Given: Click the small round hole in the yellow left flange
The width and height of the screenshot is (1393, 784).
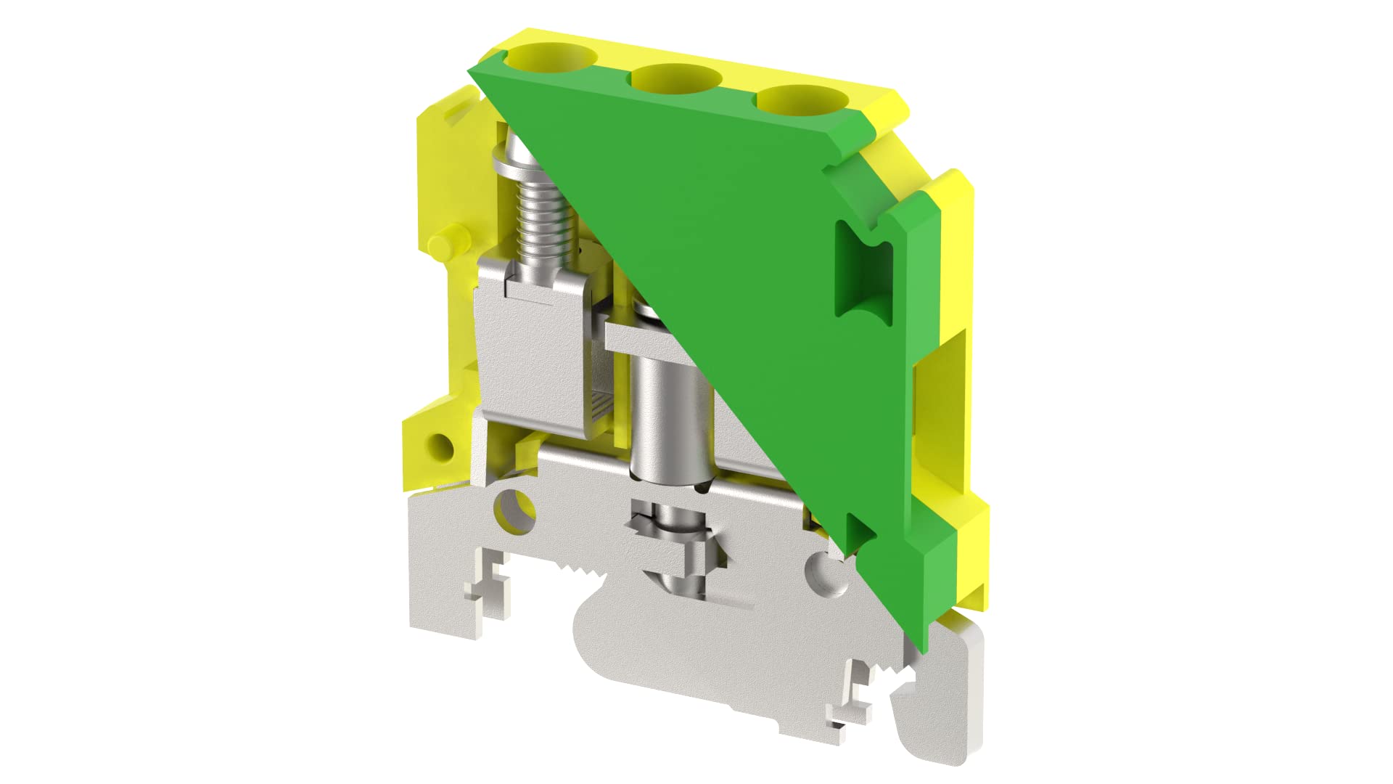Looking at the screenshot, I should click(440, 444).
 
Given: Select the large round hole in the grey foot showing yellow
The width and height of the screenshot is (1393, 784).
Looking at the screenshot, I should click(514, 511).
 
